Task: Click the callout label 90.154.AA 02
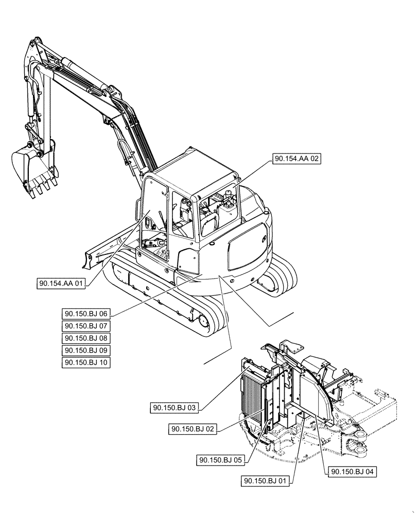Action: [x=297, y=160]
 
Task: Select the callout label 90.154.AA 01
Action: [x=61, y=283]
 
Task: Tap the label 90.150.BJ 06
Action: [x=86, y=314]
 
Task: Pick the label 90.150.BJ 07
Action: [x=86, y=326]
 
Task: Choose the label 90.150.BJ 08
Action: [x=86, y=338]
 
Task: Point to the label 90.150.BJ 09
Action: [x=86, y=350]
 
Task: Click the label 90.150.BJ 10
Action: [x=86, y=363]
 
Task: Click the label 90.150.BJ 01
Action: [x=265, y=481]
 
